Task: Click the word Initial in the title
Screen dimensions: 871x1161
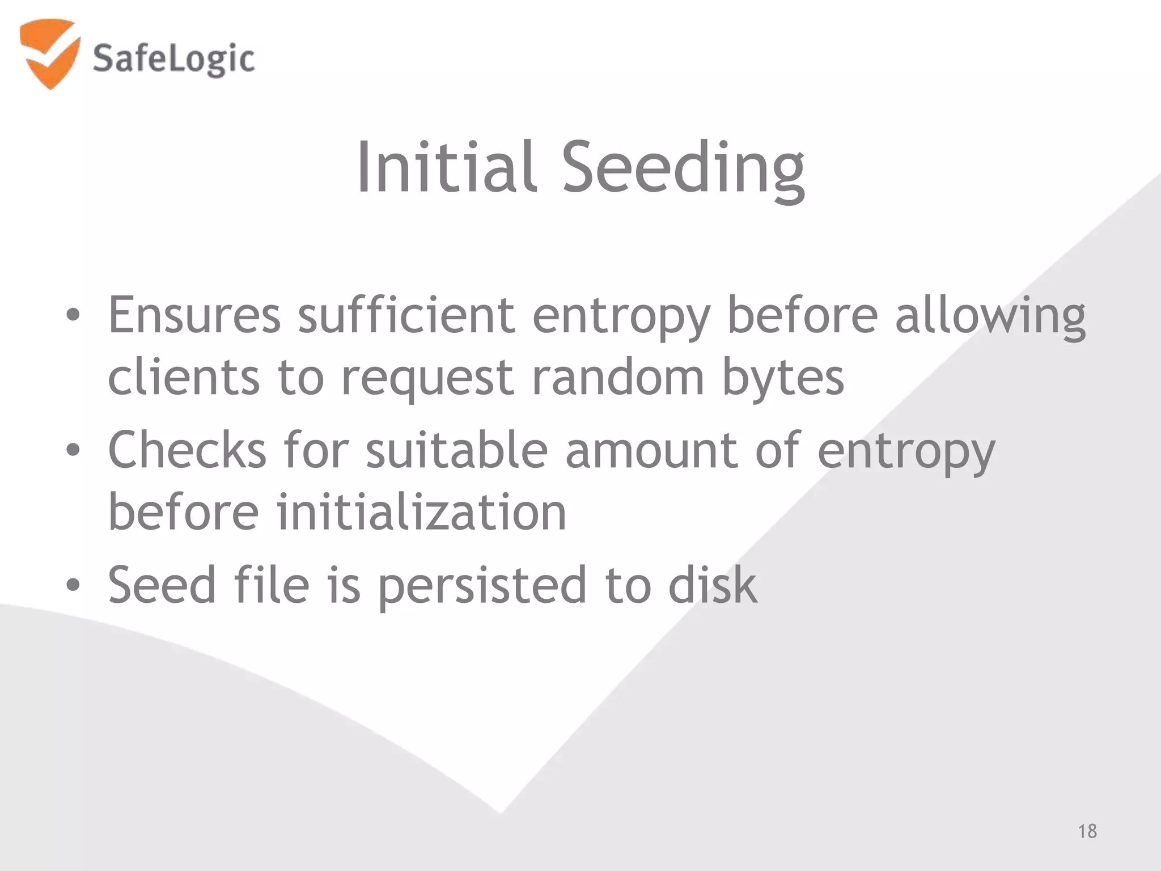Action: pyautogui.click(x=446, y=167)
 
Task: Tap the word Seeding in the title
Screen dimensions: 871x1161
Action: pyautogui.click(x=683, y=170)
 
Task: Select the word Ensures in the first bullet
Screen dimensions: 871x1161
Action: pyautogui.click(x=194, y=315)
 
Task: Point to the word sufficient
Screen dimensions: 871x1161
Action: pyautogui.click(x=406, y=315)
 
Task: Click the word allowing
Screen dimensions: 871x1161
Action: pyautogui.click(x=990, y=318)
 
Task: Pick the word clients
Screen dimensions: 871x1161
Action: pyautogui.click(x=184, y=378)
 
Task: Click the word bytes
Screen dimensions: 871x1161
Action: pyautogui.click(x=783, y=380)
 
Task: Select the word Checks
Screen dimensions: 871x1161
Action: pyautogui.click(x=187, y=450)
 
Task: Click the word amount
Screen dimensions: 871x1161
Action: pyautogui.click(x=652, y=451)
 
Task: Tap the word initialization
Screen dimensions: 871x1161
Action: pyautogui.click(x=421, y=513)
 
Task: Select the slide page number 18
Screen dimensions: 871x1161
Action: pyautogui.click(x=1087, y=831)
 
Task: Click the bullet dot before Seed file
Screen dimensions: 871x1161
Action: pyautogui.click(x=73, y=585)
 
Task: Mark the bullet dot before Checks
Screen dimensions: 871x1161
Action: pyautogui.click(x=73, y=450)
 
